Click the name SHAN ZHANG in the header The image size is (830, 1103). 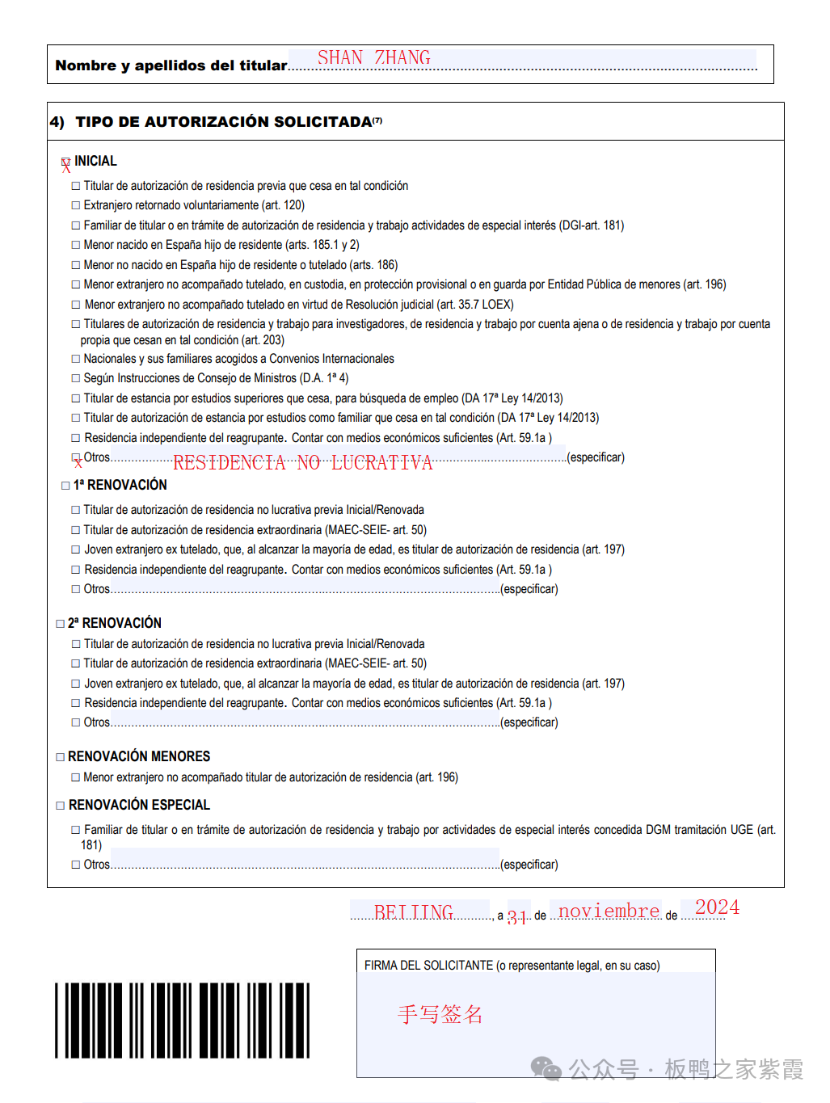pos(373,57)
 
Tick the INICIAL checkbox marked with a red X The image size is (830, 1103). pos(65,163)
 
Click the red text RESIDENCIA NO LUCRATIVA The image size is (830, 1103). pos(302,463)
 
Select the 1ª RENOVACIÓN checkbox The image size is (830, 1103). pos(65,486)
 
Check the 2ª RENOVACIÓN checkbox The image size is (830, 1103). pos(60,624)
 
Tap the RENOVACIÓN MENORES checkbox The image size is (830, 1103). pos(60,757)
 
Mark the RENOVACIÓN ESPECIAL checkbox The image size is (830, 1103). pos(60,806)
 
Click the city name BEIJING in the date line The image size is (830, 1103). pos(413,912)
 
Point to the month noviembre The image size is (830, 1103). pos(609,911)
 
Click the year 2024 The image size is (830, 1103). pos(717,907)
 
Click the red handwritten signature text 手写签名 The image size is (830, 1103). pos(440,1015)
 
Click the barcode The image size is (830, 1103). pos(182,1021)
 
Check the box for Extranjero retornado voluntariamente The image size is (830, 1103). pos(76,206)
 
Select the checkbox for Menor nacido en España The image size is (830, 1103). pos(76,246)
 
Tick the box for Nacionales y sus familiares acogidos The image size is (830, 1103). pos(76,360)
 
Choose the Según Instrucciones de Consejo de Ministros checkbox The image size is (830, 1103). pos(76,379)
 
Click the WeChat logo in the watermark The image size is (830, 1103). pos(546,1069)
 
